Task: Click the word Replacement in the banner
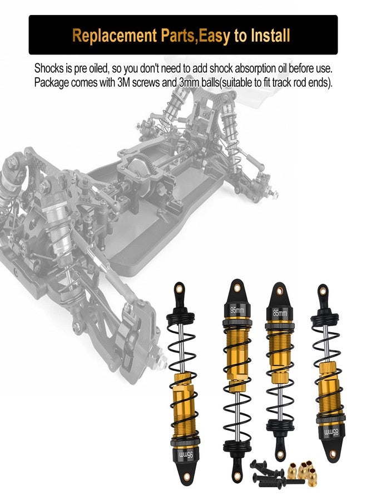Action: pos(115,36)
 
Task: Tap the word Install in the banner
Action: pos(271,35)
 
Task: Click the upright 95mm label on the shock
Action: pos(237,309)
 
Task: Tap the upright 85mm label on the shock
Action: pos(280,313)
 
